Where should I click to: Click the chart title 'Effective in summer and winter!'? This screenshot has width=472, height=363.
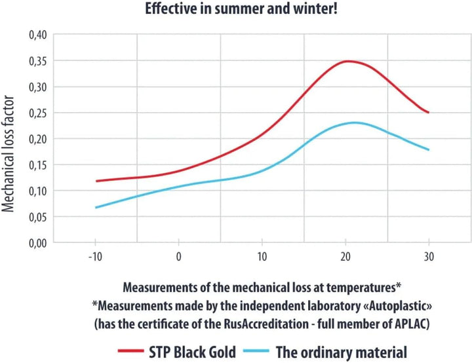(x=241, y=9)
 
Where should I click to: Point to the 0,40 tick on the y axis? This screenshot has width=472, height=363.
(x=38, y=35)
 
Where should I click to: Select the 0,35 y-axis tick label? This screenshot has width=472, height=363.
(x=38, y=61)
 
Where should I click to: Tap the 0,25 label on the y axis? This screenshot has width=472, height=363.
(x=38, y=113)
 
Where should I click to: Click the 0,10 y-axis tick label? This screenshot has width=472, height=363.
(x=38, y=191)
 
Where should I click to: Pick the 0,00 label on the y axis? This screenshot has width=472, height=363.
(x=38, y=243)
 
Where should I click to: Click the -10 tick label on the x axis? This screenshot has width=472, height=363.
(x=95, y=256)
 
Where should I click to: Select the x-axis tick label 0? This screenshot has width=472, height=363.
(x=179, y=256)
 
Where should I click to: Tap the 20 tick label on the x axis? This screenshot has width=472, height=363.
(x=345, y=256)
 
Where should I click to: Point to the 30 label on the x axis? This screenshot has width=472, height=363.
(x=429, y=256)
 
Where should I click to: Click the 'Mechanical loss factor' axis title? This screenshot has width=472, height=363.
(x=8, y=154)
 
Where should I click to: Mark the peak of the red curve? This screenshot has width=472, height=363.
(x=347, y=62)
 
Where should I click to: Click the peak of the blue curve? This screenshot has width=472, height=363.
(x=354, y=123)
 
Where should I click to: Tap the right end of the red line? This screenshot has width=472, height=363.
(x=428, y=113)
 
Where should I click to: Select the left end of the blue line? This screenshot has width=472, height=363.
(x=96, y=208)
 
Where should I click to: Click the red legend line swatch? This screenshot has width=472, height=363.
(x=130, y=351)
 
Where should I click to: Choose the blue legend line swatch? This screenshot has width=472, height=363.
(x=256, y=351)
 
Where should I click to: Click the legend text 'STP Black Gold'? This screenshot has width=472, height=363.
(x=192, y=352)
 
